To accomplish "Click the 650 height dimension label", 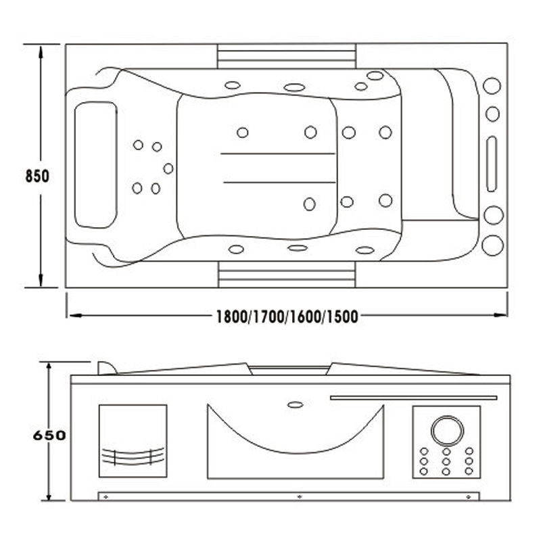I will (x=49, y=435).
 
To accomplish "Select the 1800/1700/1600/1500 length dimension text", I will (x=286, y=316).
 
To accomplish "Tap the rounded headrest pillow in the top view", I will (x=95, y=164).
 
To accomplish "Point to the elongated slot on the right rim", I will (x=492, y=164).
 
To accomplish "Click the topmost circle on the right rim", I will (x=492, y=87).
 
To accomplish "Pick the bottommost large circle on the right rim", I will (x=492, y=245).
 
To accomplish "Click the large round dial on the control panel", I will (x=446, y=429).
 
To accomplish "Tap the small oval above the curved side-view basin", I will (x=296, y=405).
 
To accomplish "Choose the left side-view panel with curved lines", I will (x=133, y=440).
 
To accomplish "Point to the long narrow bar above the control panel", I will (x=413, y=398).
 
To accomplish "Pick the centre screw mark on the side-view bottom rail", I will (x=298, y=496).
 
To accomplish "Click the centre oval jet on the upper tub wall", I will (x=293, y=87).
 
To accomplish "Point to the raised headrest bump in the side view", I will (x=105, y=367).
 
